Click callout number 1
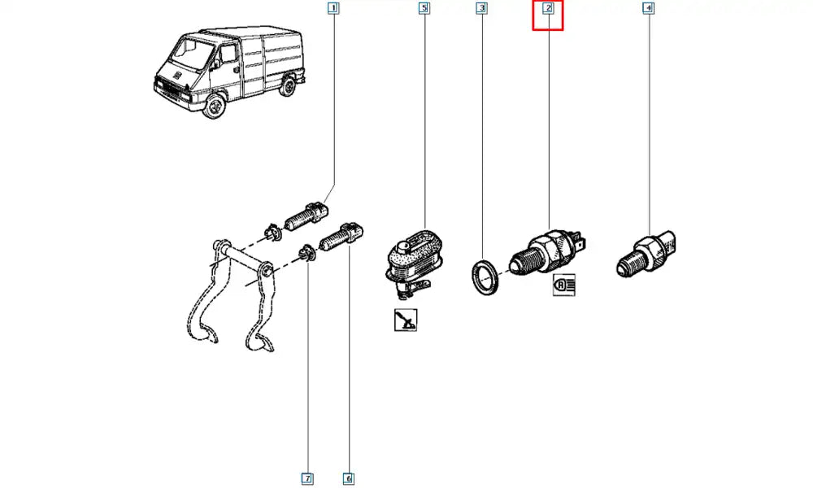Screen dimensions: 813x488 tap(333, 8)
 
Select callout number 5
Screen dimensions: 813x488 tap(424, 8)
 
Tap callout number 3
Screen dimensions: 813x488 tap(481, 8)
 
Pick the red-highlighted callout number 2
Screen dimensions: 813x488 tap(548, 8)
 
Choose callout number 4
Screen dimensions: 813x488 tap(648, 8)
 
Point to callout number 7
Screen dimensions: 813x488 tap(307, 478)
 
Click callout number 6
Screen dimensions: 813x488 tap(349, 478)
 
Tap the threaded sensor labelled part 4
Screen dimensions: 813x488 tap(646, 254)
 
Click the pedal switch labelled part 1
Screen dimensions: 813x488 tap(307, 216)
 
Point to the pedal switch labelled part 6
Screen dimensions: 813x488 tap(341, 237)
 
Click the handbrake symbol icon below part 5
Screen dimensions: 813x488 tap(405, 320)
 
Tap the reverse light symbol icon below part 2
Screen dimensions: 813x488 tap(564, 285)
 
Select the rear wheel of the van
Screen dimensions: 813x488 tap(287, 86)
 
